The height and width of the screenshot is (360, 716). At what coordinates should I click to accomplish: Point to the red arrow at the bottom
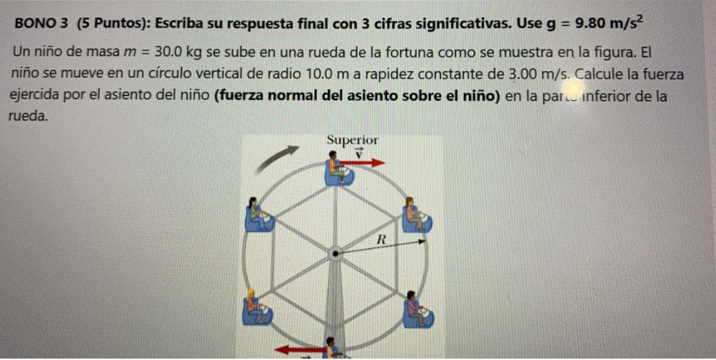pos(299,349)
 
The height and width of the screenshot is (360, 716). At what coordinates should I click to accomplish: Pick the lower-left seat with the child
pos(256,307)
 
